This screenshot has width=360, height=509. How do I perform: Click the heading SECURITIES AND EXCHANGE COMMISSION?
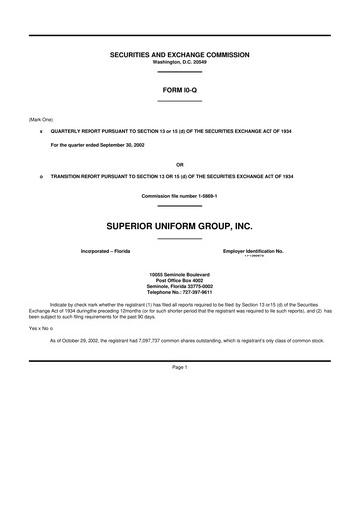coord(179,54)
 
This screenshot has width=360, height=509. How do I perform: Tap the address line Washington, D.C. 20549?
coord(179,62)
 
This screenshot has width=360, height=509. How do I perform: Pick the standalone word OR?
coord(179,163)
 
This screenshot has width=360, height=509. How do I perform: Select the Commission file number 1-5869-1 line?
coord(179,195)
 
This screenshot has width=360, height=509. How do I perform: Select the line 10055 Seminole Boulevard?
coord(179,274)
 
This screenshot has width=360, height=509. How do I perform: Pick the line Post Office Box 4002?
coord(179,281)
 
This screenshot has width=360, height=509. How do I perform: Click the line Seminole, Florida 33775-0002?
coord(179,287)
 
